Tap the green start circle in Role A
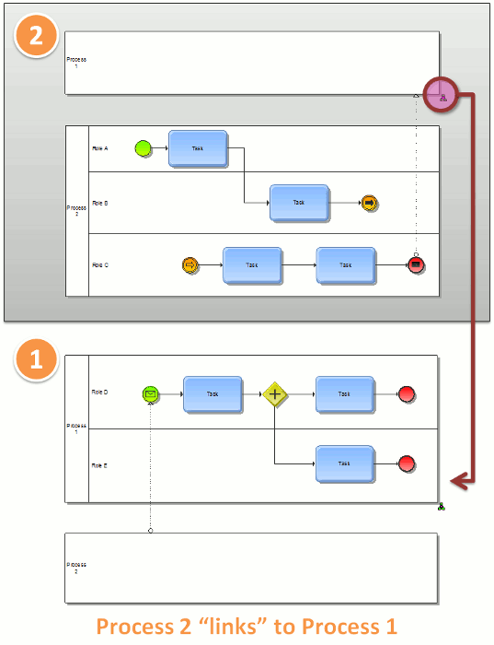click(x=143, y=148)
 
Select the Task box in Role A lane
click(x=198, y=148)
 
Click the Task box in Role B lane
click(x=299, y=203)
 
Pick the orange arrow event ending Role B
click(x=370, y=203)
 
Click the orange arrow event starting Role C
click(x=190, y=265)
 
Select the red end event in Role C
click(x=416, y=265)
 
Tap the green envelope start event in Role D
click(x=151, y=394)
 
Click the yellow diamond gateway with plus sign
click(x=275, y=394)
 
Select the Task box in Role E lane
click(x=345, y=464)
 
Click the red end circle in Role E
click(x=407, y=464)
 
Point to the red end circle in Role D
click(x=407, y=394)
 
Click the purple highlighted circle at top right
click(x=442, y=95)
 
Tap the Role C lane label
click(x=100, y=265)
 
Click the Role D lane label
click(x=100, y=393)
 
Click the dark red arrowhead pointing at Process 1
click(x=458, y=479)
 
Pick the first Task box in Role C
click(x=252, y=265)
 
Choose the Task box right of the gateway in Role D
click(x=345, y=394)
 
